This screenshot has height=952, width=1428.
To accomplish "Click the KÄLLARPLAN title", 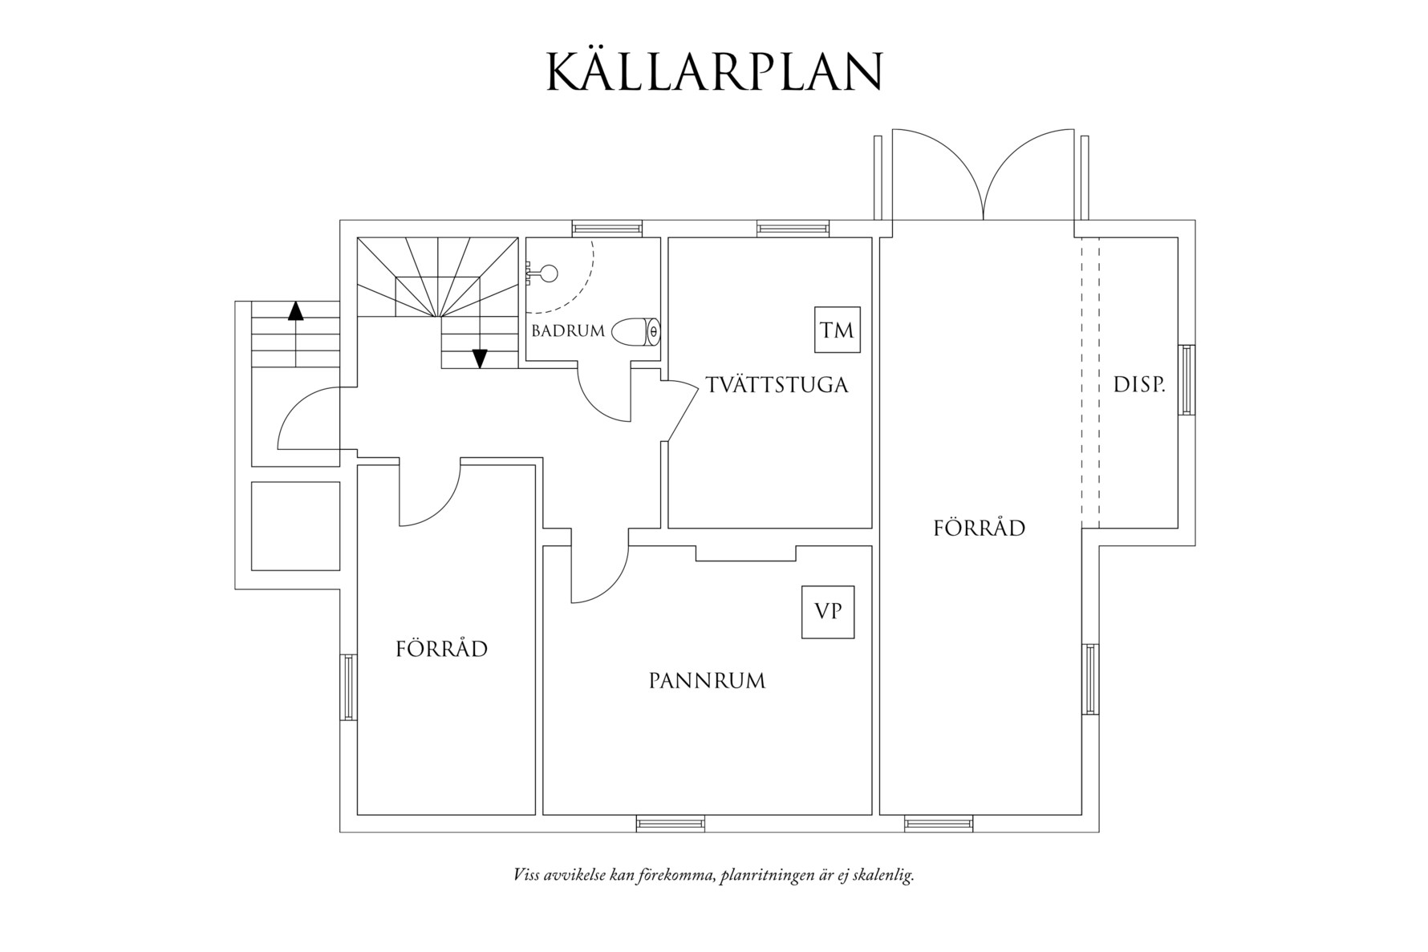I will click(714, 73).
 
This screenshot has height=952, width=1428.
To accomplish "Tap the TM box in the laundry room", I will click(837, 330).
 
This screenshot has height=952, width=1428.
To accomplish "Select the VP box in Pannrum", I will click(827, 612).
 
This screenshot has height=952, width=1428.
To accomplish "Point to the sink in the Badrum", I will click(546, 273).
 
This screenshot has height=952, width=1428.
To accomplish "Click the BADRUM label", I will click(567, 331).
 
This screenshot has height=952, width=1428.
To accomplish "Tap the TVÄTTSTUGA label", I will click(777, 385).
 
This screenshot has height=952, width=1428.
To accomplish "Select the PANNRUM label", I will click(707, 682).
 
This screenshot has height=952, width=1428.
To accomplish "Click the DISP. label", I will click(1138, 385).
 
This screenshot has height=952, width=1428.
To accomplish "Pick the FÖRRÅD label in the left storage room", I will click(441, 649).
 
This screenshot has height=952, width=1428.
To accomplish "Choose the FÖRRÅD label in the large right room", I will click(979, 529).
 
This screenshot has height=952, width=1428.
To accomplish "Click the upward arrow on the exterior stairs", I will click(296, 311).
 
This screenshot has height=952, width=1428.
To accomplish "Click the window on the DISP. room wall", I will click(1186, 379).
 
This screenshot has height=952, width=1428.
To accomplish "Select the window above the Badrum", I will click(607, 228).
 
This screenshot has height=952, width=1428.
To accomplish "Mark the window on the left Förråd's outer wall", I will click(348, 687).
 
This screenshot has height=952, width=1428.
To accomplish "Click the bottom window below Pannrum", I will click(670, 823).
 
